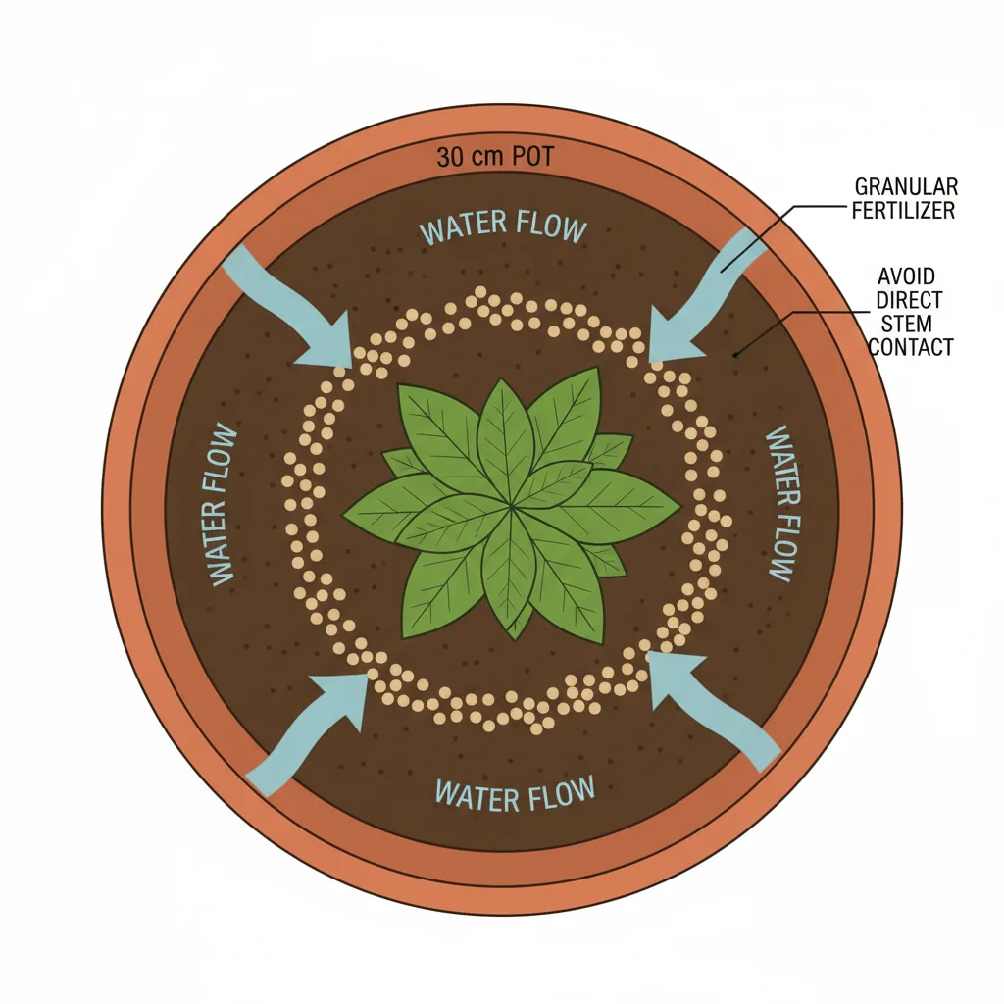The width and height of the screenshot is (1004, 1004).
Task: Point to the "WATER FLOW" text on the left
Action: (223, 506)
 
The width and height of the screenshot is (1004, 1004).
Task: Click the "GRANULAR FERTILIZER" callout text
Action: (905, 198)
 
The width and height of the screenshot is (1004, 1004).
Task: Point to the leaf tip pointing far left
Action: (345, 514)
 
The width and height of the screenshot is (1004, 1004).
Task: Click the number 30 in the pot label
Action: (450, 157)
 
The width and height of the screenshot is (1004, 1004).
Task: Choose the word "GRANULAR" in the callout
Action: (906, 186)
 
